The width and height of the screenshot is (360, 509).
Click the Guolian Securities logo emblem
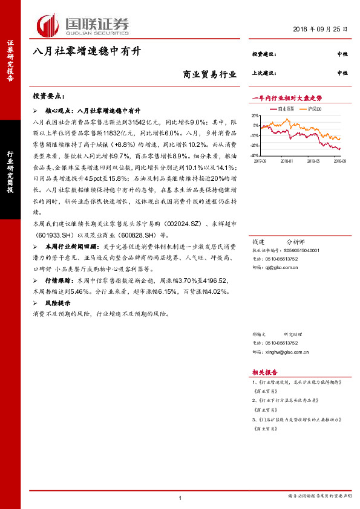49,25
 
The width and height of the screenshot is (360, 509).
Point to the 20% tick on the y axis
255,114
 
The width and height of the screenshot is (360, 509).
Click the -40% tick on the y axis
255,155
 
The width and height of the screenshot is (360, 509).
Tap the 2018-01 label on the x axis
287,161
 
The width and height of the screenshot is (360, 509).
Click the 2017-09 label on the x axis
261,161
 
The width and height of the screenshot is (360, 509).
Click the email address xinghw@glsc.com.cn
287,351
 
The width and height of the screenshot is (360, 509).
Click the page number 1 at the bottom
180,497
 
